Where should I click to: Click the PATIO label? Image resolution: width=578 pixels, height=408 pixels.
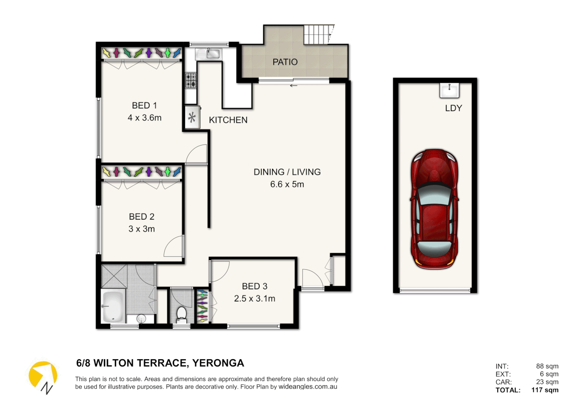coord(285,62)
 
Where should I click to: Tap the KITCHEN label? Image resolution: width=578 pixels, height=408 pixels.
coord(228,120)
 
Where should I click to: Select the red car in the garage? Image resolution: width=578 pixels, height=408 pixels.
coord(434,209)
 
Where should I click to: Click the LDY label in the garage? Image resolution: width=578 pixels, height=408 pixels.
coord(453,108)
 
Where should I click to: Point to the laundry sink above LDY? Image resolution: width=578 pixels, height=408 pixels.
coord(449,90)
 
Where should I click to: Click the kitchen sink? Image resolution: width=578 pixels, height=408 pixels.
coord(208,54)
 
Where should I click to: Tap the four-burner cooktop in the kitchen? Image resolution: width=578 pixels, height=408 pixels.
coord(191,80)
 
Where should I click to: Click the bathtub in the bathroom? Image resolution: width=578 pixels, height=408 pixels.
coord(112,306)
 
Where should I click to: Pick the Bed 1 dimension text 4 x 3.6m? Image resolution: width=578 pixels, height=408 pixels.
coord(144,118)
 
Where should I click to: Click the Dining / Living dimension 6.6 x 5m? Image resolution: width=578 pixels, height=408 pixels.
coord(287,184)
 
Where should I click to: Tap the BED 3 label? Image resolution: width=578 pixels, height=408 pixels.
coord(255,286)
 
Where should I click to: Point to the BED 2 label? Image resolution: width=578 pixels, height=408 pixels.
coord(141,217)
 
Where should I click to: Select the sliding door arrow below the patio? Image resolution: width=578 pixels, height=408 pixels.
coord(294,86)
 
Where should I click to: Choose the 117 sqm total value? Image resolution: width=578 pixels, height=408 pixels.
coord(545,390)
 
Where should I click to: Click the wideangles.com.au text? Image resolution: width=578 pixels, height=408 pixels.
coord(308,387)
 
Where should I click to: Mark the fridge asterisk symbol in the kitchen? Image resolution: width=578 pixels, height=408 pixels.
coord(192,118)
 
